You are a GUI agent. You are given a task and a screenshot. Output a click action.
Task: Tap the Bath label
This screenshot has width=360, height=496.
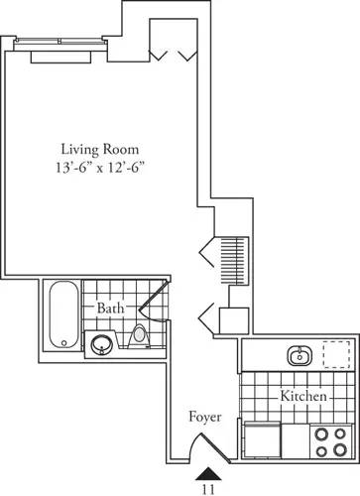pyautogui.click(x=109, y=310)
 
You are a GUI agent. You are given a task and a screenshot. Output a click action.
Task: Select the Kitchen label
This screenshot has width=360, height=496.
pyautogui.click(x=303, y=397)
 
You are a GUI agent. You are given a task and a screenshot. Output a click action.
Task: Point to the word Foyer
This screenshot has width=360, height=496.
pyautogui.click(x=205, y=418)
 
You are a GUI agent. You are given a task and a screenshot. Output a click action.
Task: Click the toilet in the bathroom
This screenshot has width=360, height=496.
pyautogui.click(x=140, y=338)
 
